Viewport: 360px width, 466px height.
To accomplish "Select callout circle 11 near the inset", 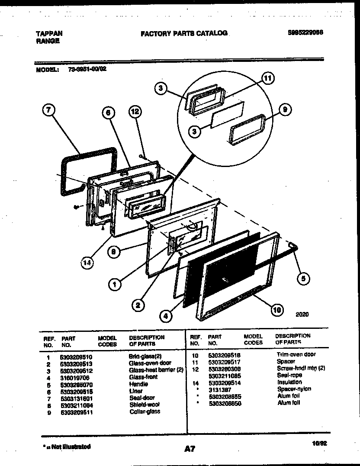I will [268, 78].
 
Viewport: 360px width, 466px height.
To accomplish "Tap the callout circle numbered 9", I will [284, 110].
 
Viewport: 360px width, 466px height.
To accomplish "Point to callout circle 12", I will [135, 112].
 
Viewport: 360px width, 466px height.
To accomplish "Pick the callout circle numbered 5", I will [303, 278].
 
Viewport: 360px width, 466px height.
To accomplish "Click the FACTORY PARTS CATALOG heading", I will [184, 33].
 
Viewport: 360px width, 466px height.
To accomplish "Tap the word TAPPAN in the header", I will [48, 33].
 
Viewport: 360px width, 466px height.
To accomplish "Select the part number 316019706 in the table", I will [75, 377].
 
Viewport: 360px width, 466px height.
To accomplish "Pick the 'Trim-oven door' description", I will [296, 354].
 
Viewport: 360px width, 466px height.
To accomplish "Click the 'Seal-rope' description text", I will [289, 375].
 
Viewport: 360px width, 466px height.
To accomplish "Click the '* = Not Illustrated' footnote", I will [67, 446].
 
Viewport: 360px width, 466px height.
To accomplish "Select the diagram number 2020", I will [302, 315].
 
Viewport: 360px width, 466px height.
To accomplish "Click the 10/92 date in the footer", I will [317, 443].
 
